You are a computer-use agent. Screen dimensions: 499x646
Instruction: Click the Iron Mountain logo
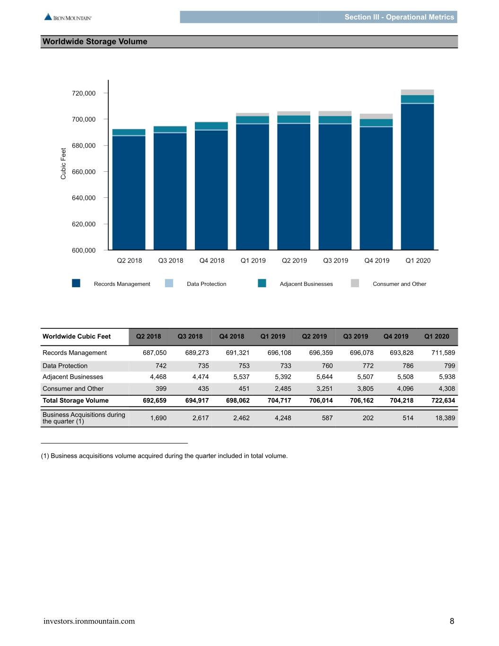(x=68, y=17)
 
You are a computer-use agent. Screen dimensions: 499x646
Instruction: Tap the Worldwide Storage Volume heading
(x=95, y=41)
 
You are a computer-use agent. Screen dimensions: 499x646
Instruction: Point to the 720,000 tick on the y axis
(x=106, y=93)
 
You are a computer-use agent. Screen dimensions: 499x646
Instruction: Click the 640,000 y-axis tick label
(x=84, y=198)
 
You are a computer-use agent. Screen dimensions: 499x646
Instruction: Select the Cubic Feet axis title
(x=63, y=164)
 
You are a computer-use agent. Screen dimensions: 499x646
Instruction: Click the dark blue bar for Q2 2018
(x=129, y=193)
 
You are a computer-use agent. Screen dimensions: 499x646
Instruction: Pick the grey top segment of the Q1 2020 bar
(x=417, y=92)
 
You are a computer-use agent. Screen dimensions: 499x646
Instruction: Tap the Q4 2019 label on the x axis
(x=376, y=261)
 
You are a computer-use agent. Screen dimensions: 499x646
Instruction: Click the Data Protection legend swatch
(x=169, y=283)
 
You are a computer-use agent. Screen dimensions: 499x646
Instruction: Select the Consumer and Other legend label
(x=399, y=284)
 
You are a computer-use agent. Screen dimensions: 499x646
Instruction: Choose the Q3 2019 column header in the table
(x=356, y=336)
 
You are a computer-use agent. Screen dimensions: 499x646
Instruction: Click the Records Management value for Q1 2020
(x=443, y=353)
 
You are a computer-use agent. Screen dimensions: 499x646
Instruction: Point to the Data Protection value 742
(x=161, y=366)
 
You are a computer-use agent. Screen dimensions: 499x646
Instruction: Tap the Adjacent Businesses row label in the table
(x=73, y=377)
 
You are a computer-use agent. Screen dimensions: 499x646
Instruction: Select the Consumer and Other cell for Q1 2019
(x=283, y=389)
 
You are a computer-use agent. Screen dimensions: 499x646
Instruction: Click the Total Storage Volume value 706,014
(x=321, y=400)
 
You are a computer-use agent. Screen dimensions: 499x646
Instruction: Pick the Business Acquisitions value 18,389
(x=445, y=418)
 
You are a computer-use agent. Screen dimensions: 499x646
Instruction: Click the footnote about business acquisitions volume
(x=164, y=456)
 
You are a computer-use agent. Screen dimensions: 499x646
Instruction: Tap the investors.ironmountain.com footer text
(x=89, y=621)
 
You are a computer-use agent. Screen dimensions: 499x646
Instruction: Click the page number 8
(x=452, y=621)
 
